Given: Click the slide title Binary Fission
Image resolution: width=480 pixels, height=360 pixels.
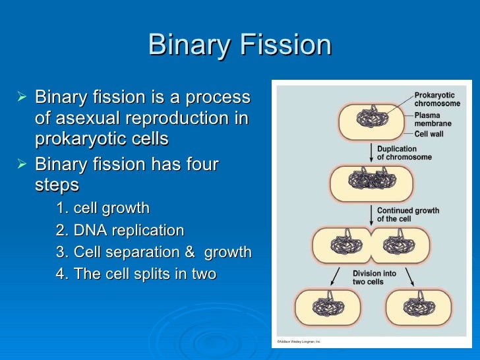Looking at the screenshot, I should point(240,45).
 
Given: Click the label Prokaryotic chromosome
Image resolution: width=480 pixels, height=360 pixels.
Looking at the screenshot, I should point(434,100).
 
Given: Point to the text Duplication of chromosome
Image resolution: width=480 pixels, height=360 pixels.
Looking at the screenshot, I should point(404,153).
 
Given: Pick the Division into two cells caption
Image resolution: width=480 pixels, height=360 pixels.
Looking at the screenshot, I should point(374,277).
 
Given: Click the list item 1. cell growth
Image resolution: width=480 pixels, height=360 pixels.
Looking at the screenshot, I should point(103,208).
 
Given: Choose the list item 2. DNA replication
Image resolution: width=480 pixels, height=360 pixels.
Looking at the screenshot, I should point(120,231).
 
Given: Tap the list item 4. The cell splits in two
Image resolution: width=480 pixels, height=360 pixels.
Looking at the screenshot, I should point(136,274).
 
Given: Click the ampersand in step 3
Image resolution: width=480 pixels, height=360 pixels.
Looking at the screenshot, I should point(191,253).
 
